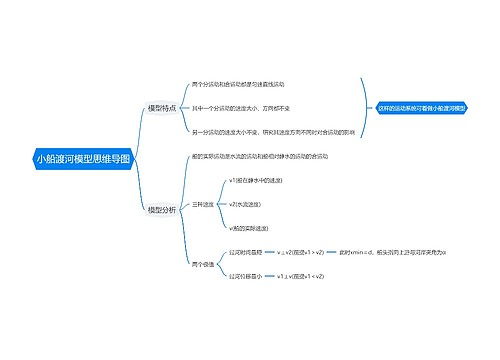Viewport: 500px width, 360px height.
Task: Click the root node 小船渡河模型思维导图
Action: pos(83,158)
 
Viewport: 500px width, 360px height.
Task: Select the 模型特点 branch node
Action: pos(161,107)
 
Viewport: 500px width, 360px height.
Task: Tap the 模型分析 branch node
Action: pos(161,210)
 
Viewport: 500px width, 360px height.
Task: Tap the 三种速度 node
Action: pos(202,204)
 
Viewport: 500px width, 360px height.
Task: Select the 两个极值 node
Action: pos(202,264)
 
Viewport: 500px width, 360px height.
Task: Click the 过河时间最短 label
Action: pos(246,252)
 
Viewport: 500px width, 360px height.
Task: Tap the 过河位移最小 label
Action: pos(246,276)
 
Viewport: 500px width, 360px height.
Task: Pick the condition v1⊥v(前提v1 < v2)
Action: pos(301,276)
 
